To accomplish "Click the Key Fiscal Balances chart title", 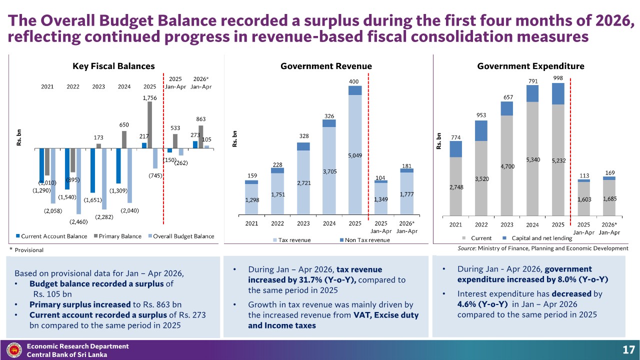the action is point(113,66).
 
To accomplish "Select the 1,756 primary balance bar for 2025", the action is point(149,125).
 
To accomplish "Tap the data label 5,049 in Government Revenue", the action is point(355,155).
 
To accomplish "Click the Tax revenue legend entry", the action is point(291,240).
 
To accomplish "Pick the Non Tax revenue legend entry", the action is point(364,240).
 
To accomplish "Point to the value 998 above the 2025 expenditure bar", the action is point(558,78).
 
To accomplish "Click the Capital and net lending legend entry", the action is point(537,238).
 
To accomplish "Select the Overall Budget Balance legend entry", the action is point(181,236).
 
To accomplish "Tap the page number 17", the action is point(628,349).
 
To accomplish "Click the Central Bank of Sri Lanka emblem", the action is point(14,350).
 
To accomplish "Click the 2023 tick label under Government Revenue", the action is point(303,223).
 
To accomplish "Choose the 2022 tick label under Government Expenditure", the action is point(481,225).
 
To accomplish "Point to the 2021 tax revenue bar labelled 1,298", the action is point(251,199).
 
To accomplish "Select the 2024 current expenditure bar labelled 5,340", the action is point(532,158).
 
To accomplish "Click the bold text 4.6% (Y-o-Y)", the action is point(482,304).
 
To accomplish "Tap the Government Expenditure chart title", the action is point(530,66).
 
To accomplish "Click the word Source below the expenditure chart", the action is point(466,248).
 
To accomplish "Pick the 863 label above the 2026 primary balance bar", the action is point(201,119).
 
